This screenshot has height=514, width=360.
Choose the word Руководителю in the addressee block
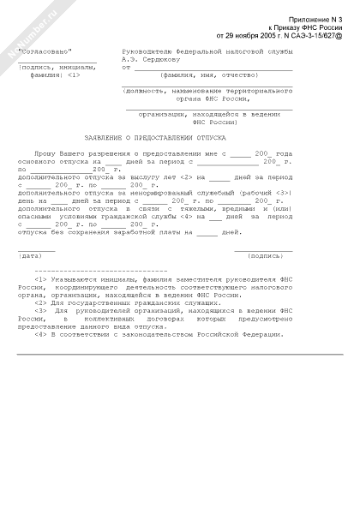point(147,52)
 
